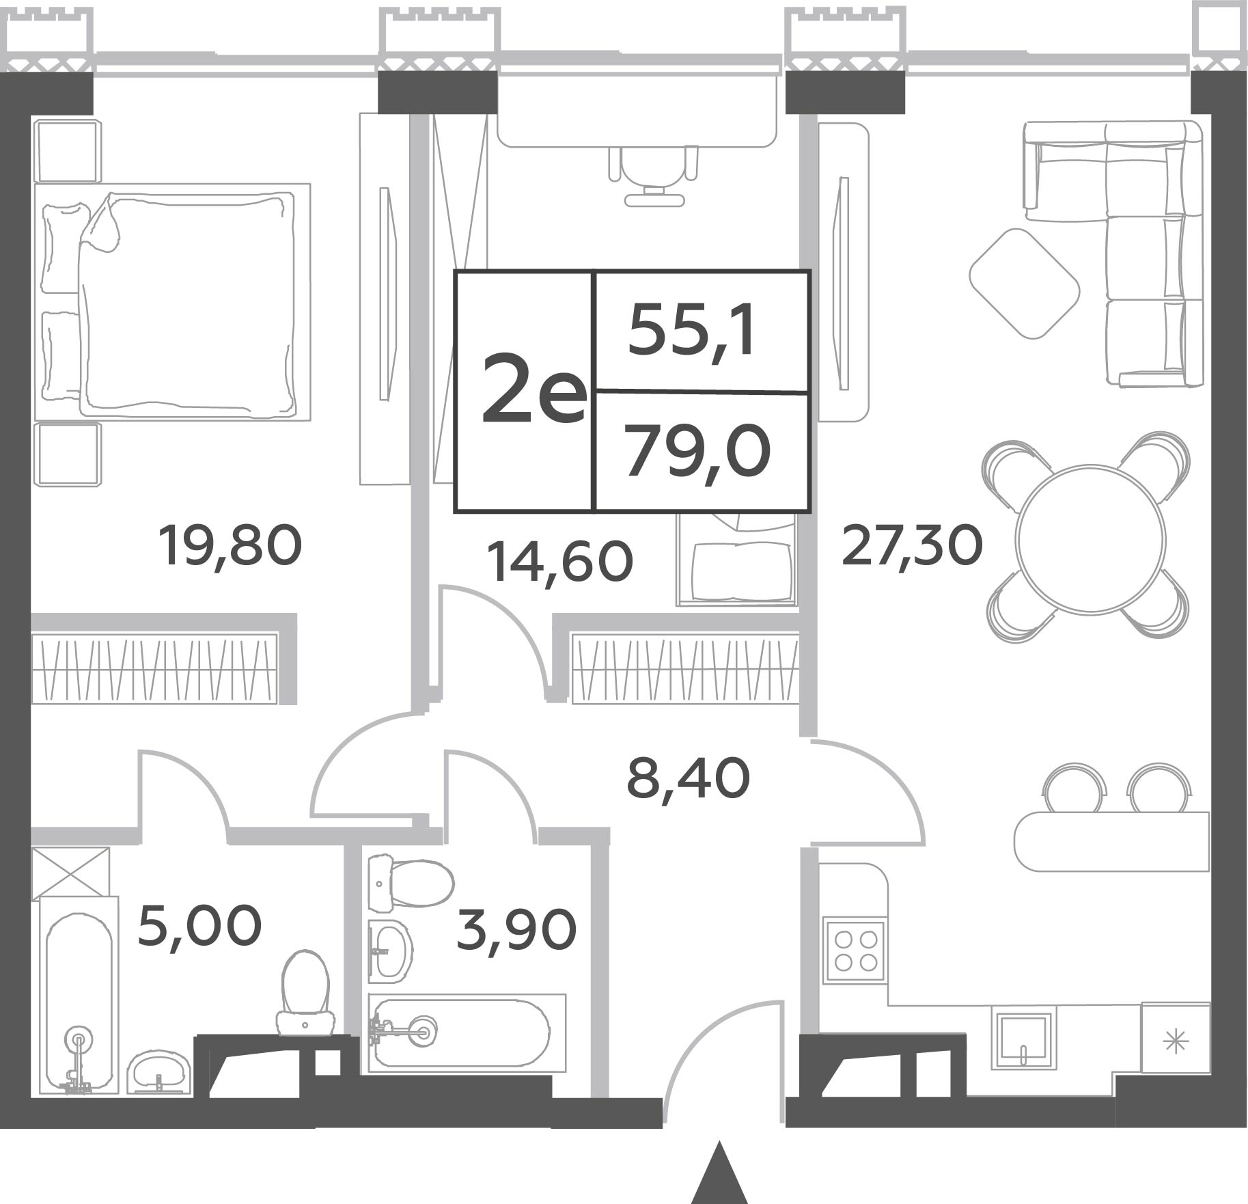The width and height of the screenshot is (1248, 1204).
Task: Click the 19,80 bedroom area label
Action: click(230, 545)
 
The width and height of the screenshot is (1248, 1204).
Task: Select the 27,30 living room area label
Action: click(912, 545)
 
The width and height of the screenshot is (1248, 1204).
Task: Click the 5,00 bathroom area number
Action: click(199, 925)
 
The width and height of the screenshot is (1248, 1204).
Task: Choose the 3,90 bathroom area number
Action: click(516, 930)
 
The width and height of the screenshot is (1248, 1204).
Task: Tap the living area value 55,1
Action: click(691, 331)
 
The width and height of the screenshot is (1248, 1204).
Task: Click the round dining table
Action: click(1089, 538)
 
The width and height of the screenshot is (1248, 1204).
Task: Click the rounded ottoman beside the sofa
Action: click(1024, 283)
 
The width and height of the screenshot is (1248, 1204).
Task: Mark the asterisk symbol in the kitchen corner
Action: click(1176, 1042)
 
